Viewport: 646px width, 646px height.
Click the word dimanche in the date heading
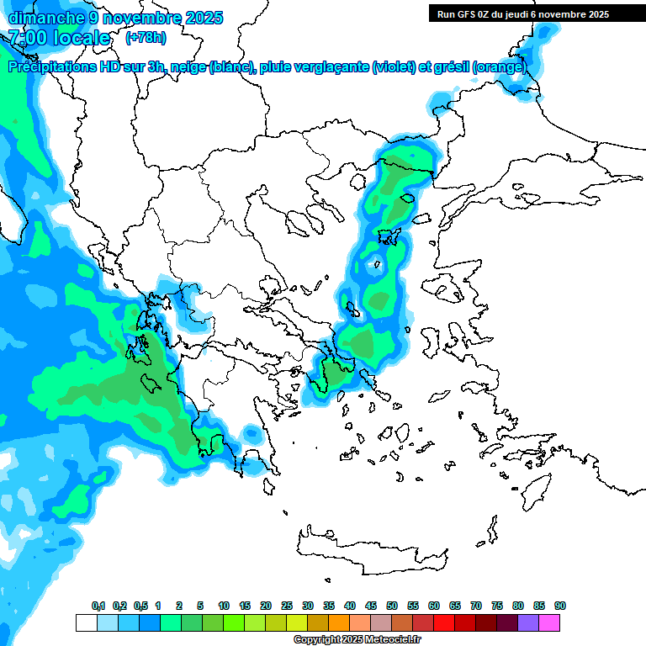[44, 18]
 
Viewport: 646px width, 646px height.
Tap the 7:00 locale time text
[59, 38]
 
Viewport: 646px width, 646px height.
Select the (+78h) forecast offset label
[146, 38]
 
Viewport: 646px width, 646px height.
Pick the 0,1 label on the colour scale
[98, 606]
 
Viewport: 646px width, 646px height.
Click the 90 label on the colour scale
[560, 606]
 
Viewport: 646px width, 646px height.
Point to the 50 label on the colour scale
[392, 606]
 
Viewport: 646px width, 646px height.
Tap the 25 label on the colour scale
[287, 606]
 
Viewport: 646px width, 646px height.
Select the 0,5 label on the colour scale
[140, 606]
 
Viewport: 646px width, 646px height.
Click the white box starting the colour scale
[86, 622]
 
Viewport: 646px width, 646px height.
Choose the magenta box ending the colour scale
[549, 622]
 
